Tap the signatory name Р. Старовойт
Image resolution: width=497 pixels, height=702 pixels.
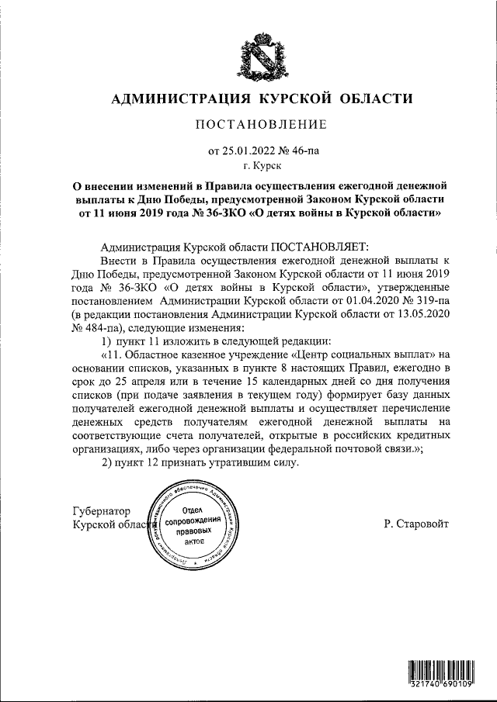point(415,524)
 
